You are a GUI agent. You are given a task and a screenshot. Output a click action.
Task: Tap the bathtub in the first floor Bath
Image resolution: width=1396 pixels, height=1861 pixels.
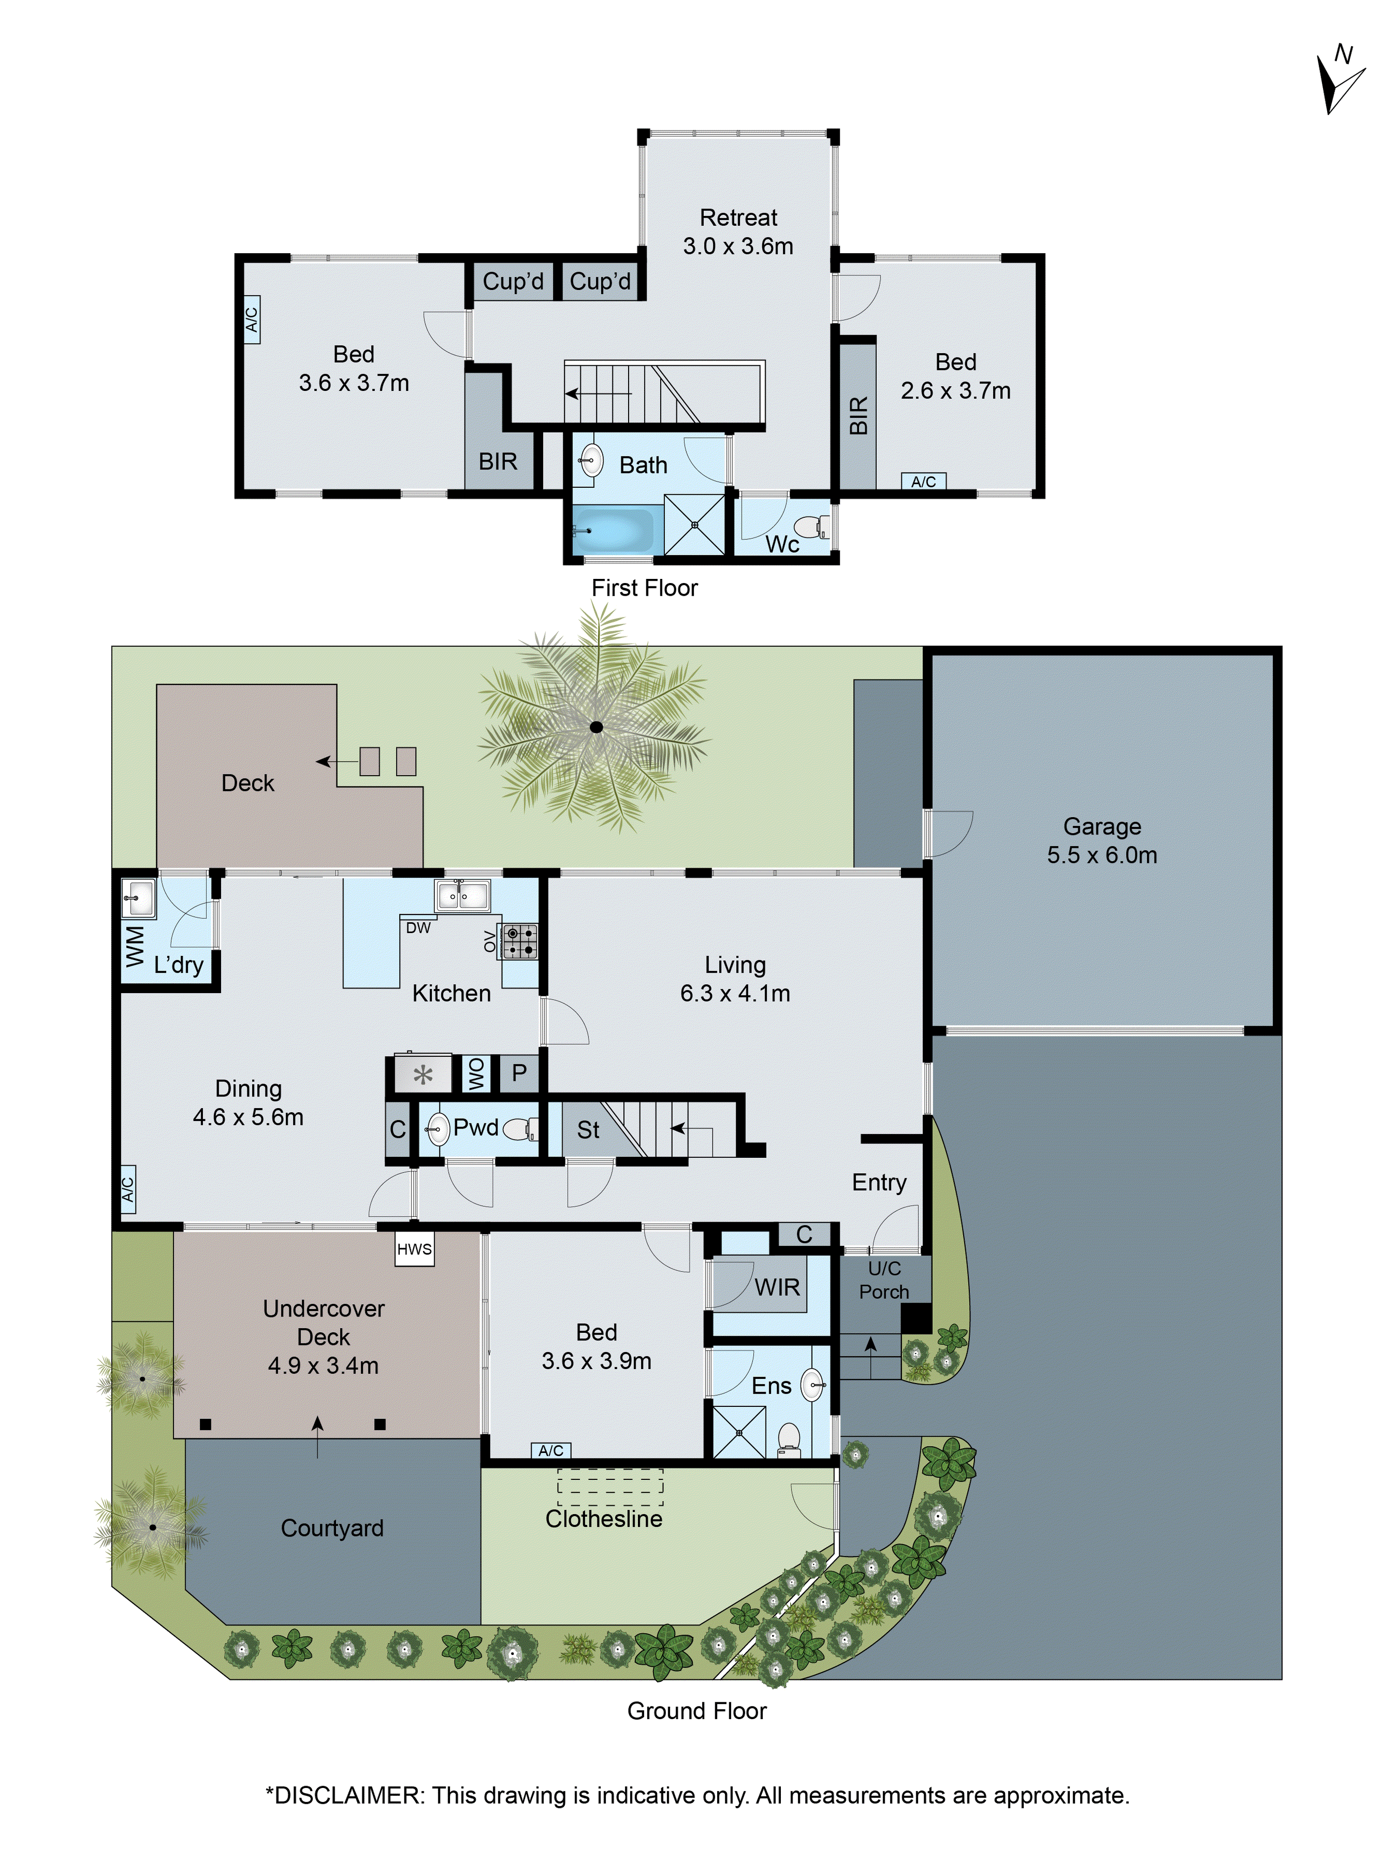click(x=612, y=530)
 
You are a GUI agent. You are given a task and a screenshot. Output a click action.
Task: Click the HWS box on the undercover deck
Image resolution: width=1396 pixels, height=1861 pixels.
click(x=414, y=1250)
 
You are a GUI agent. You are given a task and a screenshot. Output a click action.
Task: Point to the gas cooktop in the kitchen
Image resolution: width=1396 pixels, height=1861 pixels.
click(x=518, y=941)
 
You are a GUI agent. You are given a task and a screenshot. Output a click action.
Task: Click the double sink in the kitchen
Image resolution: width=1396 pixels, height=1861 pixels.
click(x=462, y=895)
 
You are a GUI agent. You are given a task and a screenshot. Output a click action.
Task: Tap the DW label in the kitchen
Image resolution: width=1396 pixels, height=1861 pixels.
click(x=418, y=928)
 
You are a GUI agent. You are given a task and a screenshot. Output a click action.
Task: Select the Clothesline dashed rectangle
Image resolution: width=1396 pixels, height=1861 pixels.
click(x=610, y=1486)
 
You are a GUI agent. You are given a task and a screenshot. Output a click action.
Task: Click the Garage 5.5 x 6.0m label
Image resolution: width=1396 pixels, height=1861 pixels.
click(x=1101, y=840)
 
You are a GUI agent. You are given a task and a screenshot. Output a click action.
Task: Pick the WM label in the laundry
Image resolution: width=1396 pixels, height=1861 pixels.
click(x=134, y=947)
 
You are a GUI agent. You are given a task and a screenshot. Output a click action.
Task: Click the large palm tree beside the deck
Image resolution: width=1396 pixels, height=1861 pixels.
click(x=596, y=727)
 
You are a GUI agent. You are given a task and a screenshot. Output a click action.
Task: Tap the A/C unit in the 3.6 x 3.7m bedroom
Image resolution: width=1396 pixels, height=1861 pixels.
click(x=251, y=319)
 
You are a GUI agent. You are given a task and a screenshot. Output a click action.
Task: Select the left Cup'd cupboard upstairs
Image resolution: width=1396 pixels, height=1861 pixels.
click(x=512, y=281)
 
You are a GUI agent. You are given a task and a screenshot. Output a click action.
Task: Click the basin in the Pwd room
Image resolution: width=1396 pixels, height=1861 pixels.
click(x=437, y=1129)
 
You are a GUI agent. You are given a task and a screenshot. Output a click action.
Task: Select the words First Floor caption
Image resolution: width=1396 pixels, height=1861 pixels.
click(x=644, y=588)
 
